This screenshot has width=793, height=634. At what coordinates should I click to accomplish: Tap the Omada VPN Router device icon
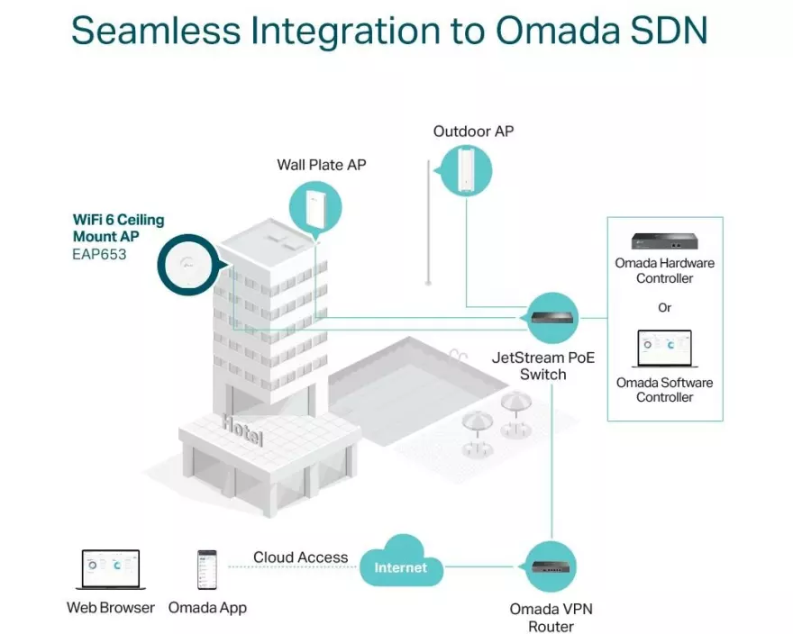[x=550, y=566]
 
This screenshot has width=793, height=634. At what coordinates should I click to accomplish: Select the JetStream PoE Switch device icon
[x=551, y=317]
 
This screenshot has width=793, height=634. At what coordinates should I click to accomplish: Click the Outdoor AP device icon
[x=465, y=170]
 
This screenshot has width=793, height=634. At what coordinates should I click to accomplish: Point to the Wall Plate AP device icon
[x=315, y=208]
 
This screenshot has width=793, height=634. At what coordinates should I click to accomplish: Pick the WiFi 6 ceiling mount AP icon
[x=187, y=264]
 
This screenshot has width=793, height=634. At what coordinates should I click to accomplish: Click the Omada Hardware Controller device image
[x=664, y=240]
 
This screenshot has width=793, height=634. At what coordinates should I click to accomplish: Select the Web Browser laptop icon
[x=111, y=570]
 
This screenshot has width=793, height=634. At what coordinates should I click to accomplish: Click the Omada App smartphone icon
[x=207, y=569]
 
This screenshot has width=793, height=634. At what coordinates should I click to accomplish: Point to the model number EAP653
[x=99, y=255]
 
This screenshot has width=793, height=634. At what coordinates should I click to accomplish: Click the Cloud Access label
[x=300, y=557]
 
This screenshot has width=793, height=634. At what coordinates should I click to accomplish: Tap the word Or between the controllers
[x=665, y=307]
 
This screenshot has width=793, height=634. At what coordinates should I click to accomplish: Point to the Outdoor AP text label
[x=473, y=131]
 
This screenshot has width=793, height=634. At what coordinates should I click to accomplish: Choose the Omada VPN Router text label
[x=551, y=618]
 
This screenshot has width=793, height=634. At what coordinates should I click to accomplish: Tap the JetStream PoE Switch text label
[x=542, y=366]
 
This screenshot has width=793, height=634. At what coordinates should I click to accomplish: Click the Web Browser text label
[x=111, y=608]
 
